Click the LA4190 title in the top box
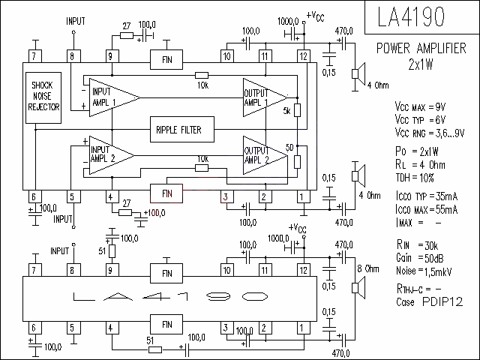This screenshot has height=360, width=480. (411, 16)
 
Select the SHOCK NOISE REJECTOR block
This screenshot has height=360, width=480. (43, 97)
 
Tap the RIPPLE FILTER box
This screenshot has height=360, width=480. (182, 129)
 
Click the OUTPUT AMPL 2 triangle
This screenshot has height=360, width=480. (265, 155)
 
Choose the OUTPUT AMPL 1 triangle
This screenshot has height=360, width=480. (265, 97)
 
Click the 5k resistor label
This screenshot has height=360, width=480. (286, 111)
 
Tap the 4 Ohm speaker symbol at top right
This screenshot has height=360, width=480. (358, 73)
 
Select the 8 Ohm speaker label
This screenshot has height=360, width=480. (368, 268)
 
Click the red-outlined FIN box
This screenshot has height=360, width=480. (166, 193)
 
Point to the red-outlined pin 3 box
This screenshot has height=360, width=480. (226, 196)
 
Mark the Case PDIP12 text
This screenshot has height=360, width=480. (429, 301)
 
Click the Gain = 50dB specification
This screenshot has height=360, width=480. (420, 258)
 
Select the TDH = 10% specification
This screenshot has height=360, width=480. (415, 178)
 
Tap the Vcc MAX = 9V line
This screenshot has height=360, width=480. (420, 106)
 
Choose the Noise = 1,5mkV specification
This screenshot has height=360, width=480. (424, 271)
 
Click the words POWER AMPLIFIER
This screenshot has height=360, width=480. (421, 48)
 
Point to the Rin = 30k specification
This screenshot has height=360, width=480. (417, 245)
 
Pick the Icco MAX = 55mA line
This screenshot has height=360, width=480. (427, 210)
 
